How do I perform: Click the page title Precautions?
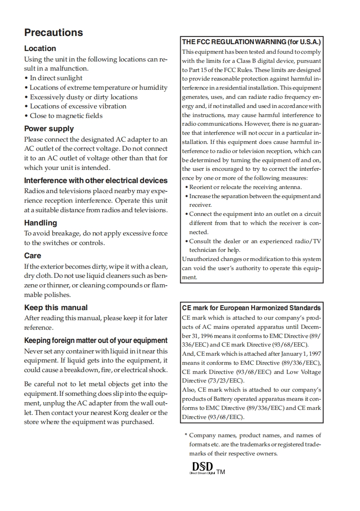tap(53, 32)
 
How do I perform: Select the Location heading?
tap(40, 48)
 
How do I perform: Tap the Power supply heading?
tap(49, 128)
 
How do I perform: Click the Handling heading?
tap(41, 223)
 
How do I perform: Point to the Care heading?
tap(32, 255)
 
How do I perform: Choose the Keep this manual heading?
tap(56, 307)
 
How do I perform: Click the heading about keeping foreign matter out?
tap(96, 340)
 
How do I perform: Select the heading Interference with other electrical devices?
tap(96, 180)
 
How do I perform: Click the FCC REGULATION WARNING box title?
tap(252, 42)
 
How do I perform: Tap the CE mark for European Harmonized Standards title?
tap(252, 308)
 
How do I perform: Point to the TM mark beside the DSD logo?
tap(221, 472)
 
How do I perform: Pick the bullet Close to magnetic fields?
tap(63, 116)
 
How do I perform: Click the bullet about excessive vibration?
tap(75, 106)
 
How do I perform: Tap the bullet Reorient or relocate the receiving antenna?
tap(243, 187)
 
